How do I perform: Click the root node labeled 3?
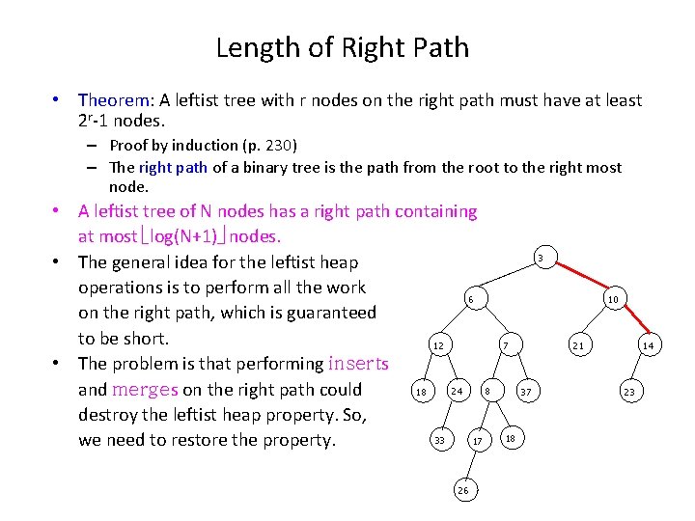pyautogui.click(x=541, y=258)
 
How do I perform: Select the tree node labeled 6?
pyautogui.click(x=470, y=299)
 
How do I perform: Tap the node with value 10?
pyautogui.click(x=612, y=299)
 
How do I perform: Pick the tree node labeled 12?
pyautogui.click(x=437, y=345)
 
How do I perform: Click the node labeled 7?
pyautogui.click(x=506, y=345)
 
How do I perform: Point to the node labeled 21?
pyautogui.click(x=577, y=345)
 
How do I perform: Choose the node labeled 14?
pyautogui.click(x=648, y=345)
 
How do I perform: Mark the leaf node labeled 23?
pyautogui.click(x=629, y=392)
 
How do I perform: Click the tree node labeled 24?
pyautogui.click(x=457, y=391)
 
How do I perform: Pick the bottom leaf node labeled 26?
pyautogui.click(x=463, y=490)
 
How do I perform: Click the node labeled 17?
pyautogui.click(x=477, y=441)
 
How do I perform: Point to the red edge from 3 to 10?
pyautogui.click(x=577, y=279)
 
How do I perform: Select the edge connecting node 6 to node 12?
pyautogui.click(x=454, y=322)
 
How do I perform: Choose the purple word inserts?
pyautogui.click(x=358, y=364)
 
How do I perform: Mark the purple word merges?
pyautogui.click(x=145, y=390)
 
